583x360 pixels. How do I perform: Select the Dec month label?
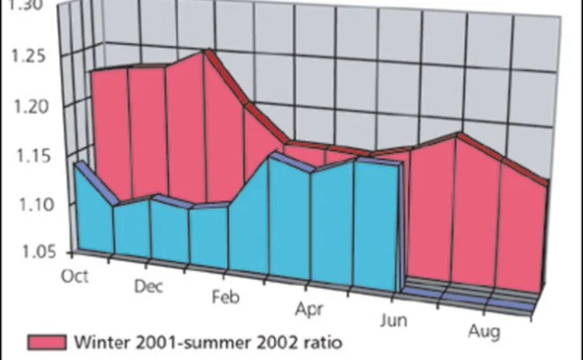[148, 286]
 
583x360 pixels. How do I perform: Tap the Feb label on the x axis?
[226, 298]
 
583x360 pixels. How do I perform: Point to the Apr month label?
[309, 309]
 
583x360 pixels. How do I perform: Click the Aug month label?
[485, 333]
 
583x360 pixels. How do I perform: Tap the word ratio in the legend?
[320, 341]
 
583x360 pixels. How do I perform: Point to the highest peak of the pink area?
[204, 53]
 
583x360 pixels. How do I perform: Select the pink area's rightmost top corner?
[547, 183]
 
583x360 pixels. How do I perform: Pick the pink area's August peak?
[459, 136]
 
